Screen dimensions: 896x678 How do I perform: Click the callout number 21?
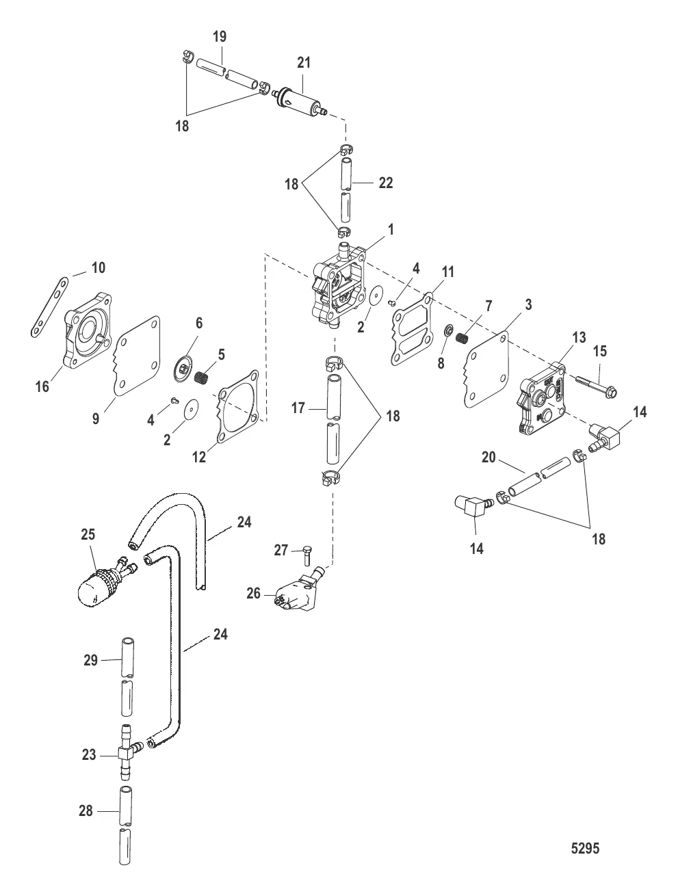click(303, 63)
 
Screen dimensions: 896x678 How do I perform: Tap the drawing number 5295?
click(585, 849)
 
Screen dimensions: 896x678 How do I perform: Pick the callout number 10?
click(99, 267)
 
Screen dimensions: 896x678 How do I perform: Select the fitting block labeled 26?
click(300, 594)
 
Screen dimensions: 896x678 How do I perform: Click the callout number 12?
click(198, 458)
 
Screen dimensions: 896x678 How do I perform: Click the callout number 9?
click(96, 418)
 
